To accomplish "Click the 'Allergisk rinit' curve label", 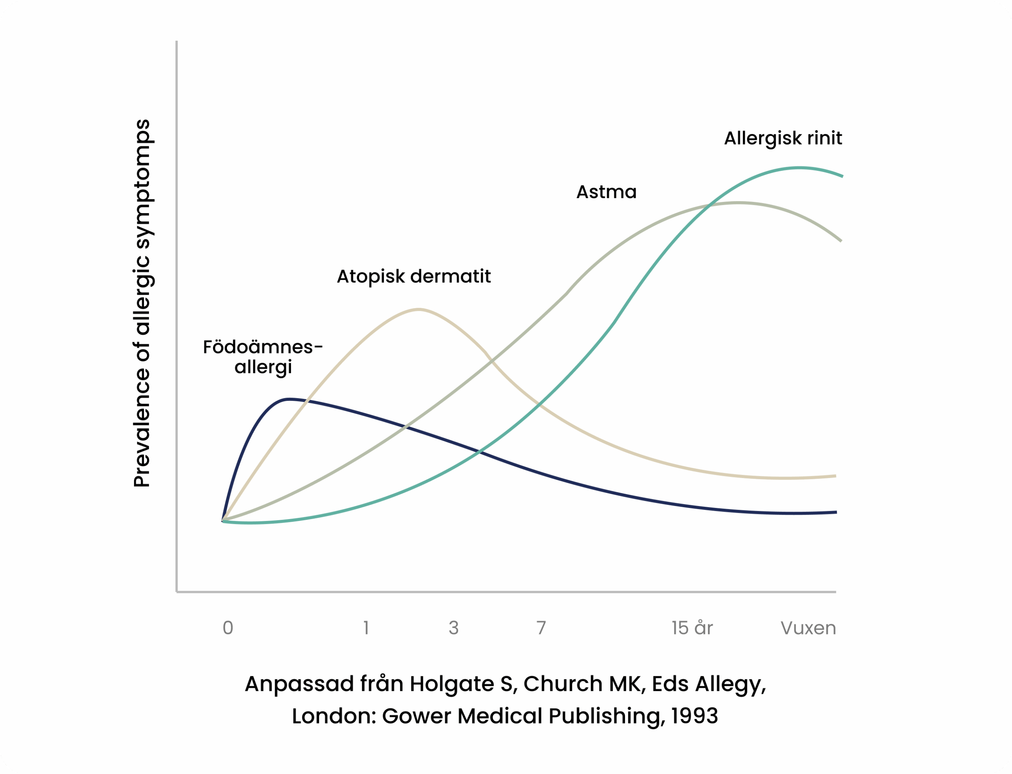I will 783,138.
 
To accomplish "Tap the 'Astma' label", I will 606,192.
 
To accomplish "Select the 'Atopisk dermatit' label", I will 413,276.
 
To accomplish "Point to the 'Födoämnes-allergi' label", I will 263,357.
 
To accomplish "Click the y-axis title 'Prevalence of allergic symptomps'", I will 142,303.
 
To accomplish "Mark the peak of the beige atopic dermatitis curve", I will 418,310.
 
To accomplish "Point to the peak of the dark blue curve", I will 288,399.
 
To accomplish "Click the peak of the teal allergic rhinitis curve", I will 800,168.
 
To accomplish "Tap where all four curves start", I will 223,521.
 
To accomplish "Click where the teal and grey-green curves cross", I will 709,206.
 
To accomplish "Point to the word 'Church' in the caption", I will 563,684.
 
